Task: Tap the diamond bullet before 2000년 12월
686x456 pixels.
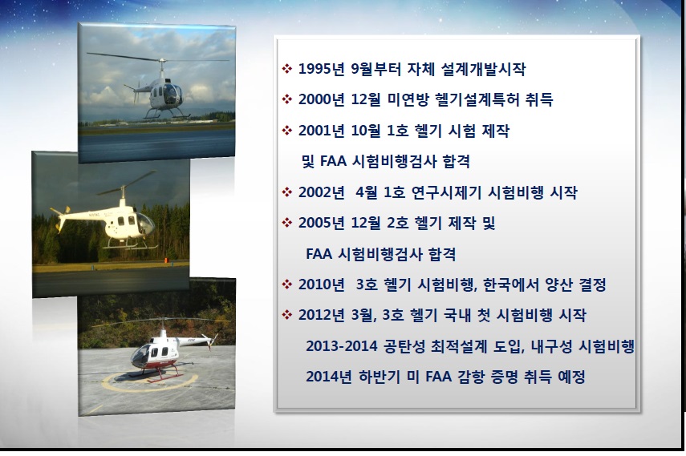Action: (x=287, y=99)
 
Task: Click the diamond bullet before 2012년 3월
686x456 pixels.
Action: (x=287, y=315)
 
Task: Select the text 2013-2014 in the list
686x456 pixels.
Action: (x=341, y=346)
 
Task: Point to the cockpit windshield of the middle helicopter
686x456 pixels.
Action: (x=146, y=224)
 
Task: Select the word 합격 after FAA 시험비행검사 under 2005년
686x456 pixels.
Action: (x=442, y=254)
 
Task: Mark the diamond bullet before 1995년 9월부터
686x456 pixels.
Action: (x=287, y=69)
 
